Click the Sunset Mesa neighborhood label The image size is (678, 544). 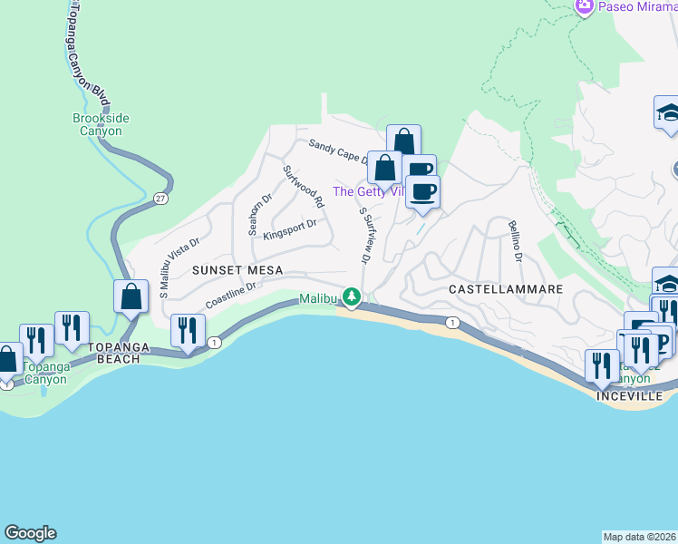coord(237,270)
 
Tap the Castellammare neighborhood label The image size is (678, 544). coord(507,289)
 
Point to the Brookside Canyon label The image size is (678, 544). coord(98,124)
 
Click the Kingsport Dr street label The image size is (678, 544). coord(289,229)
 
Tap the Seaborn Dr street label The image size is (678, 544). coord(255,213)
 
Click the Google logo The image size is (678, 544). coord(30,533)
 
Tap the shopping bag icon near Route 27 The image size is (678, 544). coord(131,296)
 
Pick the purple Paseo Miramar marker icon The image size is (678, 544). coord(585,7)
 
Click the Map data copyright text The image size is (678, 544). coord(639,537)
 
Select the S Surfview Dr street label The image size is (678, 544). coord(365,236)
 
